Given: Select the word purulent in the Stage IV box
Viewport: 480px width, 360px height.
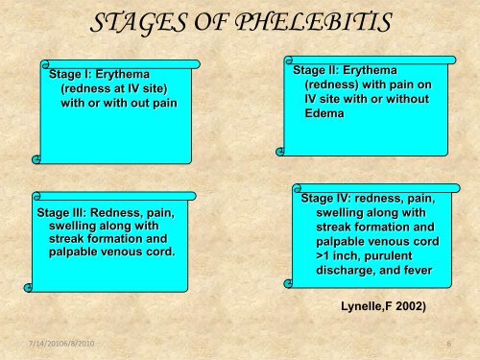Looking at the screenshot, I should (x=397, y=256).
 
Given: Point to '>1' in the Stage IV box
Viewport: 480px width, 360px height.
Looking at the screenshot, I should (x=324, y=256).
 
